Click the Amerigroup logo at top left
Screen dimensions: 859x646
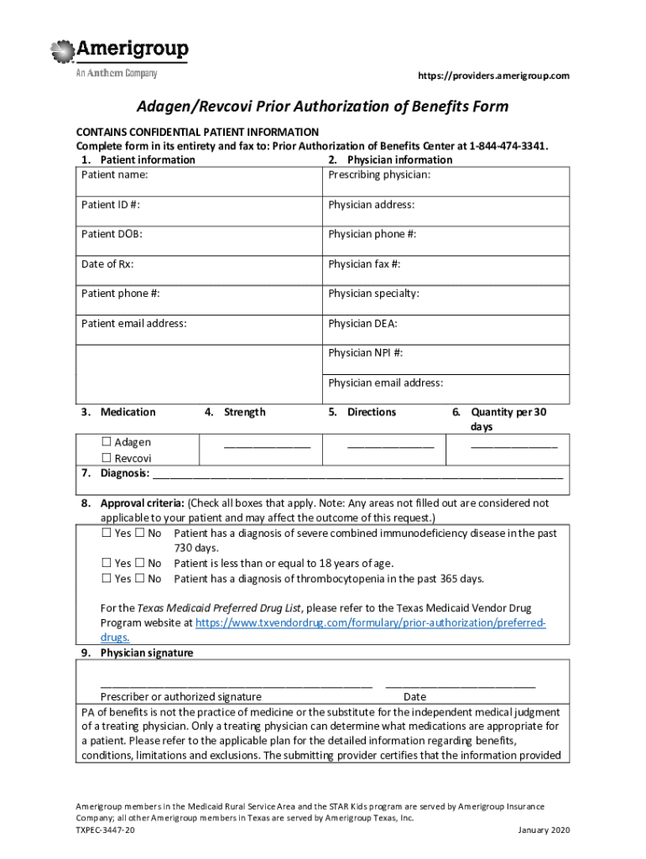[119, 57]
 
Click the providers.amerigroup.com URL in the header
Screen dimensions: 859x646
[493, 76]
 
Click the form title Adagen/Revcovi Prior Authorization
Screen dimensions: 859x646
[323, 107]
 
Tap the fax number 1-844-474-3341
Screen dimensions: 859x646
[508, 146]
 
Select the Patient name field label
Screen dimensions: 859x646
[114, 174]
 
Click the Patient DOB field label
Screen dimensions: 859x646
[112, 234]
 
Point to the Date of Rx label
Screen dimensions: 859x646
[107, 264]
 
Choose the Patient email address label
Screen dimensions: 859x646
[133, 323]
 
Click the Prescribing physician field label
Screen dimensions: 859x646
[379, 174]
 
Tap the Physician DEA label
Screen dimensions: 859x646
[362, 323]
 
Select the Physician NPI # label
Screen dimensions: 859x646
[365, 353]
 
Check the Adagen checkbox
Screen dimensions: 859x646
[107, 442]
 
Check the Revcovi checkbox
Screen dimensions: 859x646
[107, 458]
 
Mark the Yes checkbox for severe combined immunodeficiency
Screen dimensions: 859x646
[107, 534]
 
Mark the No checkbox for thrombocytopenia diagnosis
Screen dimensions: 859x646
[140, 579]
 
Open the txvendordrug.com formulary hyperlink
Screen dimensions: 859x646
[370, 623]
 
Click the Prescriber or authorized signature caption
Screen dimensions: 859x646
[181, 696]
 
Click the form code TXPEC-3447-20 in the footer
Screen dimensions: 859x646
[105, 830]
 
